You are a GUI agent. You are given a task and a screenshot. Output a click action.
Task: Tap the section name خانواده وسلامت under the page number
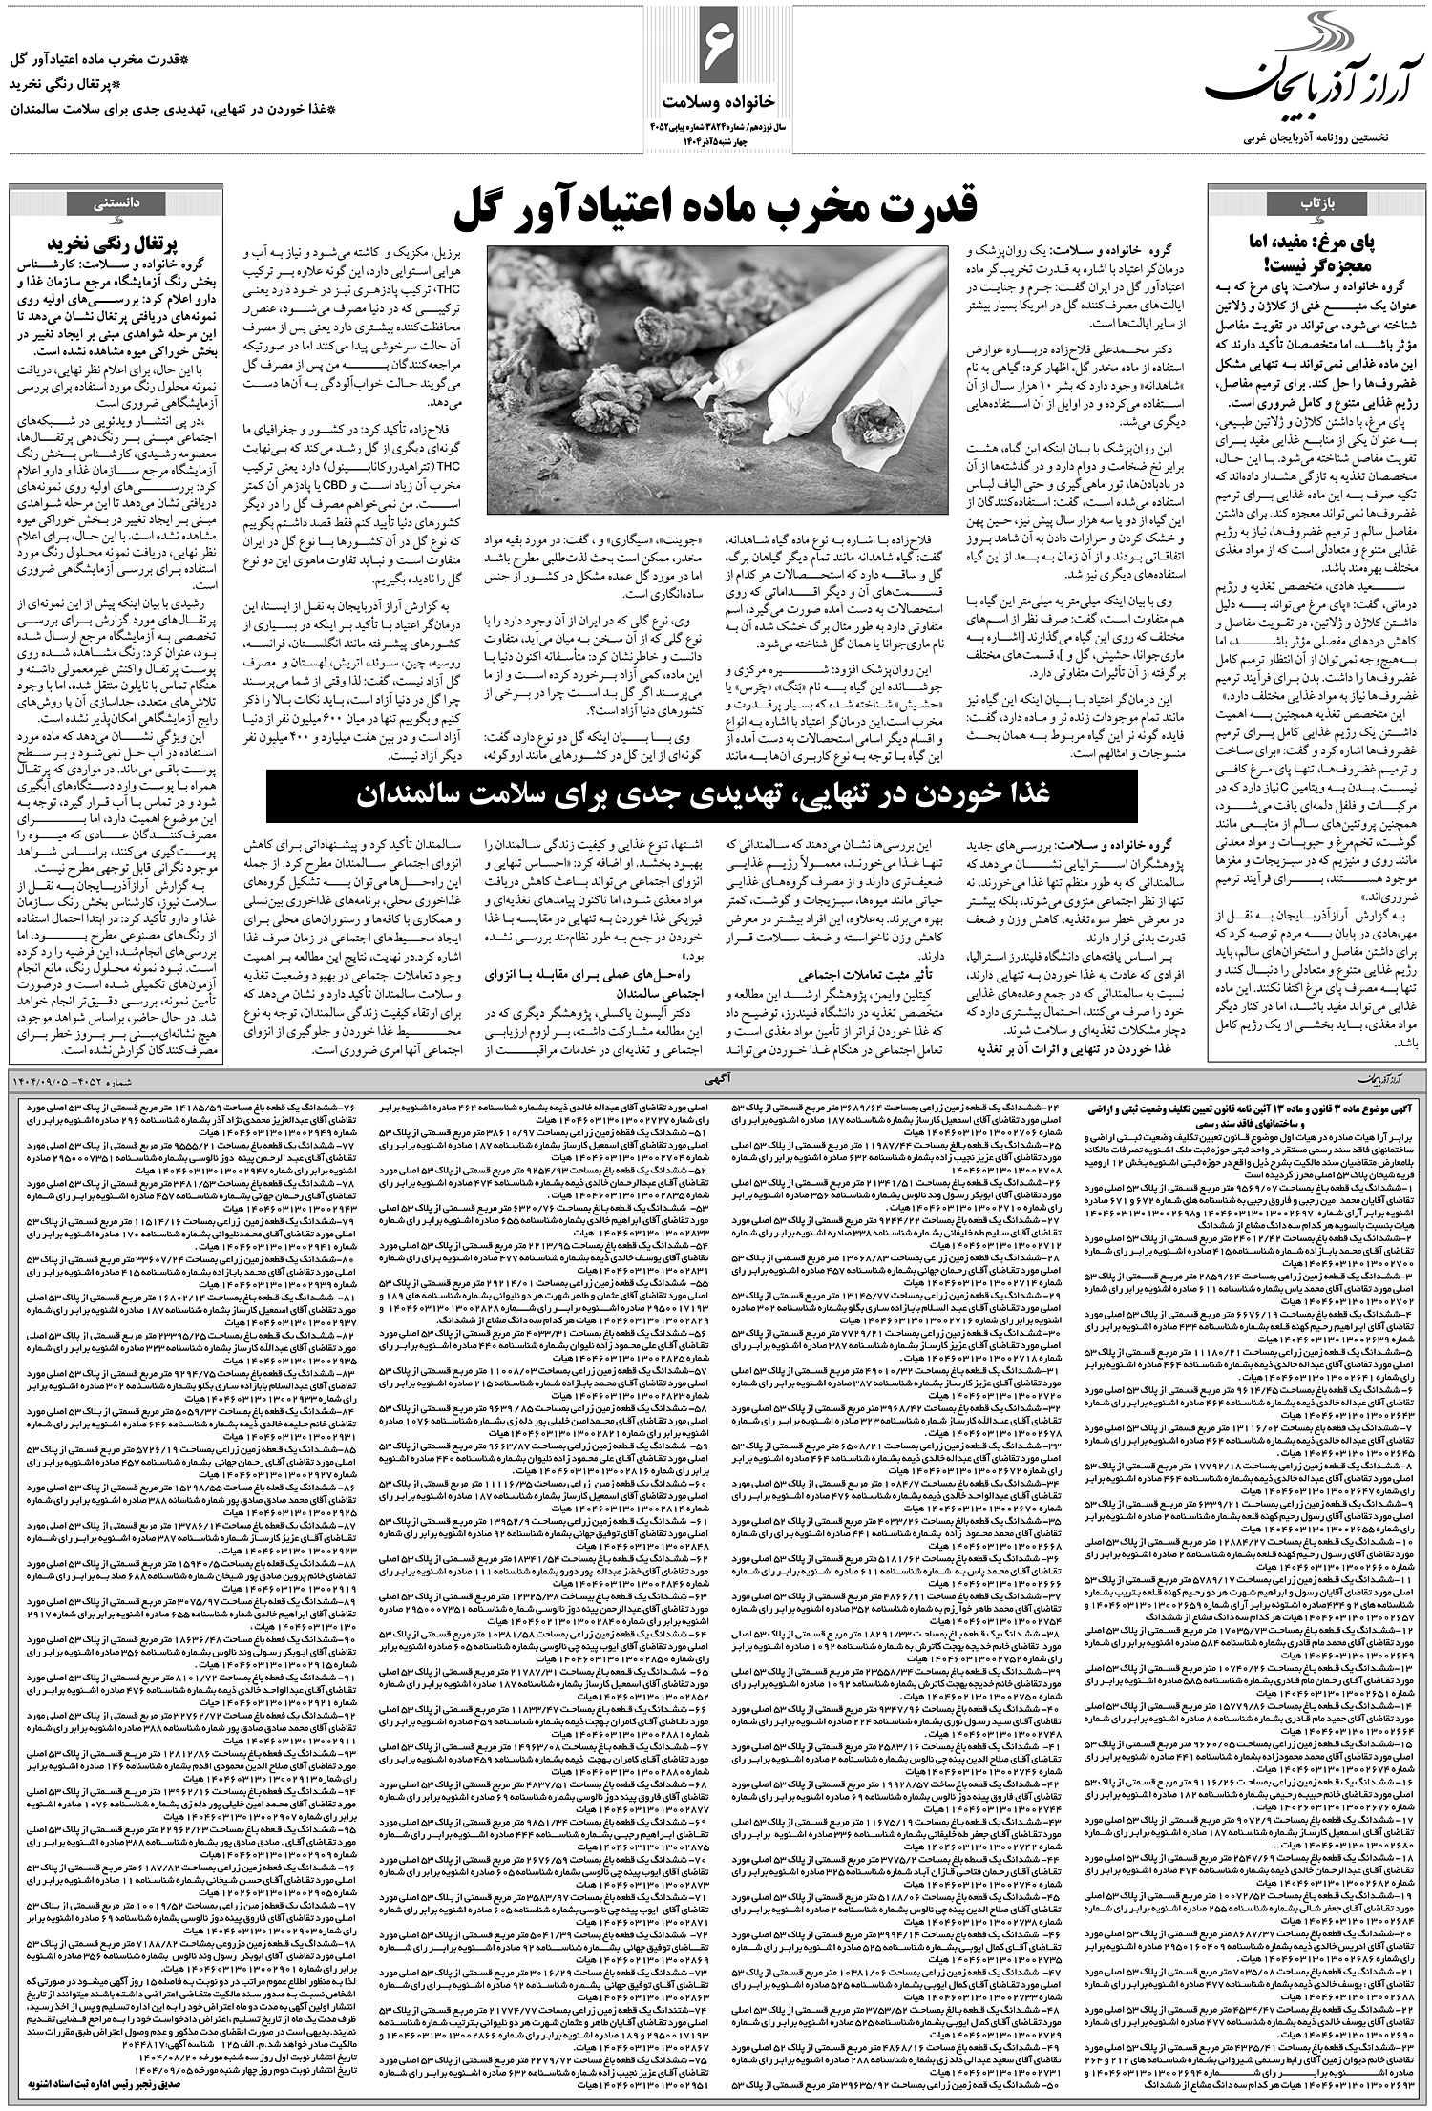(715, 99)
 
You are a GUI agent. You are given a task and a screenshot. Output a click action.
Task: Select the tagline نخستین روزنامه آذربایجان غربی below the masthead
(1318, 140)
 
